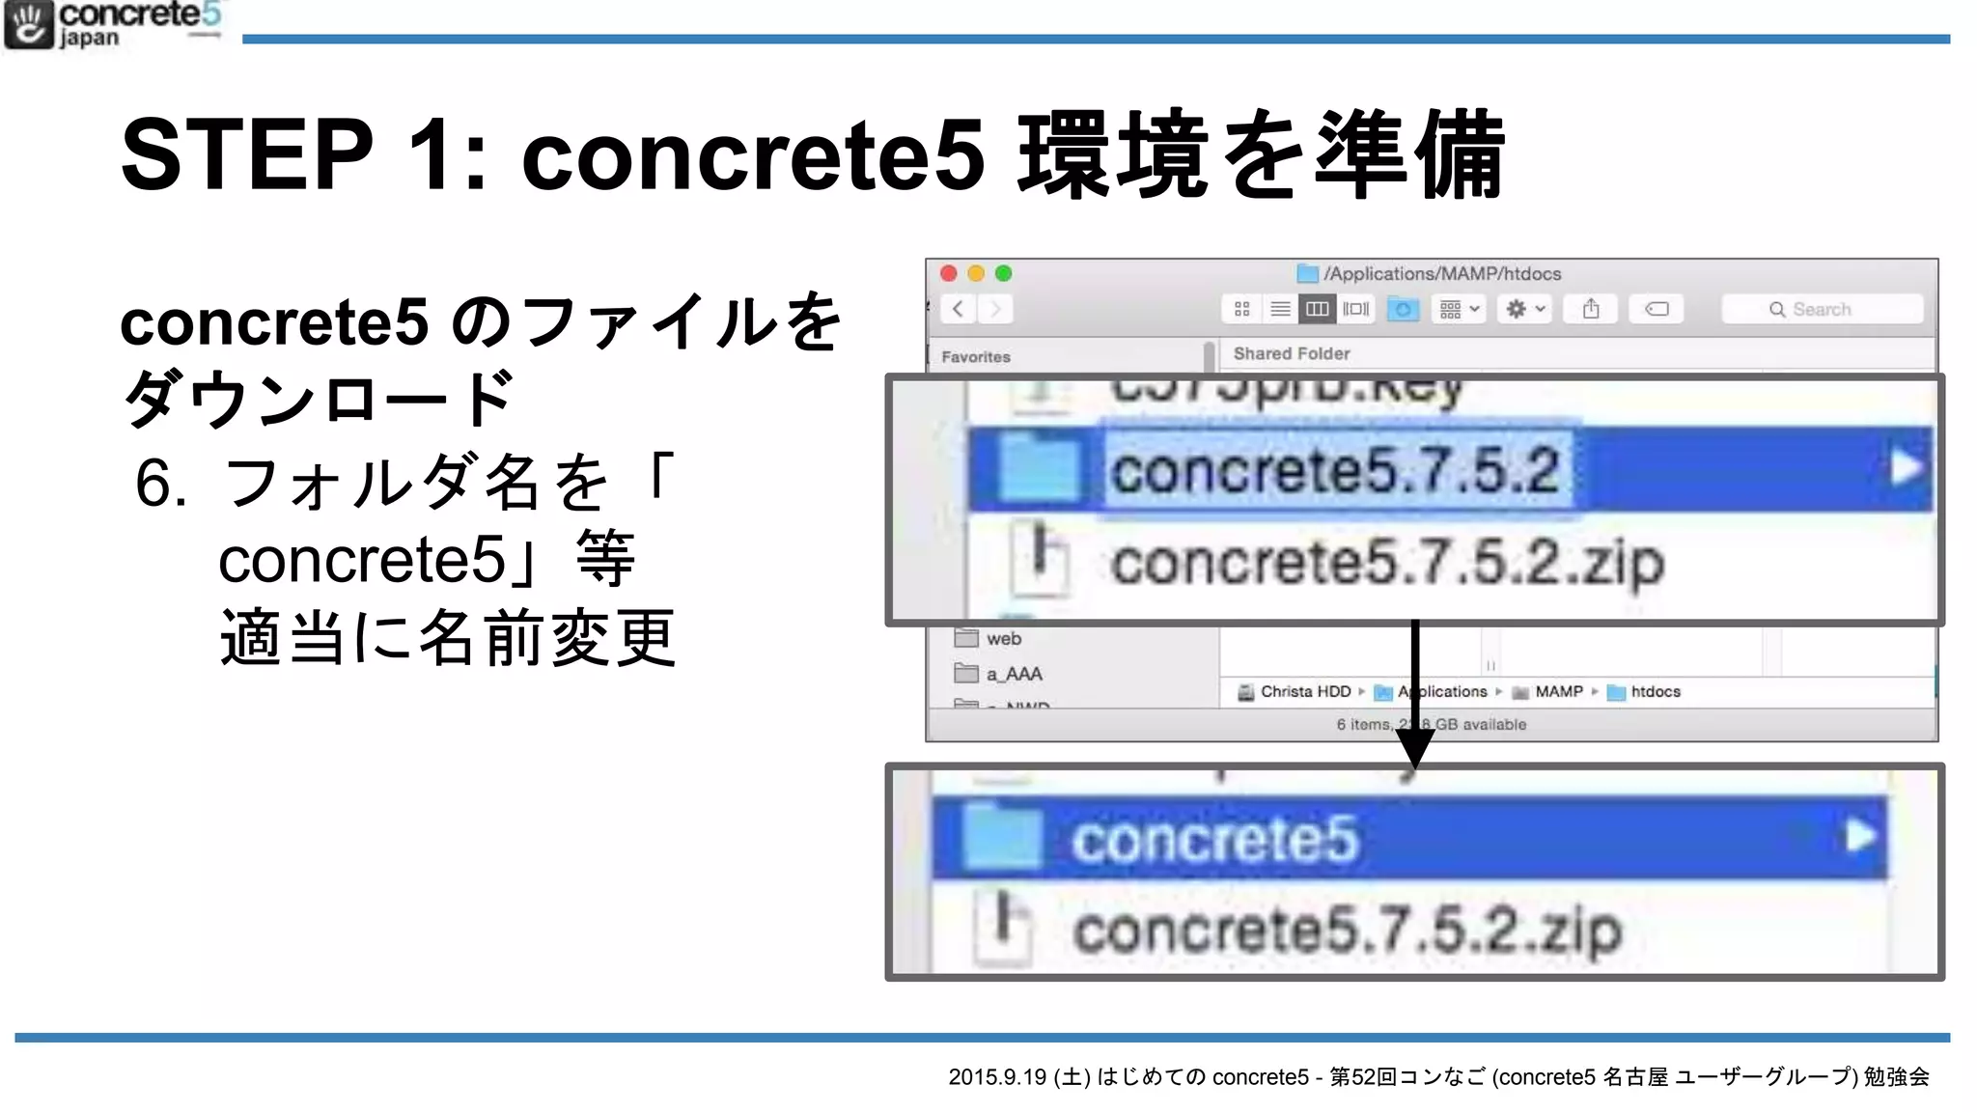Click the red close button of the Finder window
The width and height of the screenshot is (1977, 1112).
(949, 274)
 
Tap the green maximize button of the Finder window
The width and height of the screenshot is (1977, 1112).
(1004, 274)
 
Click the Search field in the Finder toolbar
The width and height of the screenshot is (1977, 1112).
(1822, 310)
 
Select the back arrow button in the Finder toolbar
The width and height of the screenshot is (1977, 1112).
(958, 309)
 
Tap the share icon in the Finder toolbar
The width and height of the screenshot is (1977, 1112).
(1591, 309)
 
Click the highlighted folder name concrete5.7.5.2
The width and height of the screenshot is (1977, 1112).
(1335, 471)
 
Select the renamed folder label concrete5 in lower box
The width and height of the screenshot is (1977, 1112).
(1214, 839)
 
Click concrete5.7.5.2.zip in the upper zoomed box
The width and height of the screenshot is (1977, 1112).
(1386, 563)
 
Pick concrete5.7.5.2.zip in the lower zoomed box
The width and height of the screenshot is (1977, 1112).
(1348, 931)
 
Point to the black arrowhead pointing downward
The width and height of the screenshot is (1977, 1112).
(1415, 749)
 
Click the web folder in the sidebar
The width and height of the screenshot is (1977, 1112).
(1003, 639)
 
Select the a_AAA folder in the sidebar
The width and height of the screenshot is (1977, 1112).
(1014, 674)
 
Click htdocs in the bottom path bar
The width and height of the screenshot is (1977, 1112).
(1655, 692)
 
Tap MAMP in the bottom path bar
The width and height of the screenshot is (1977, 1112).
(1558, 692)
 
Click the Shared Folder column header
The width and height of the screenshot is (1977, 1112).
(1292, 354)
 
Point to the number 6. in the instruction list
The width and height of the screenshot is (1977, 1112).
(160, 483)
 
